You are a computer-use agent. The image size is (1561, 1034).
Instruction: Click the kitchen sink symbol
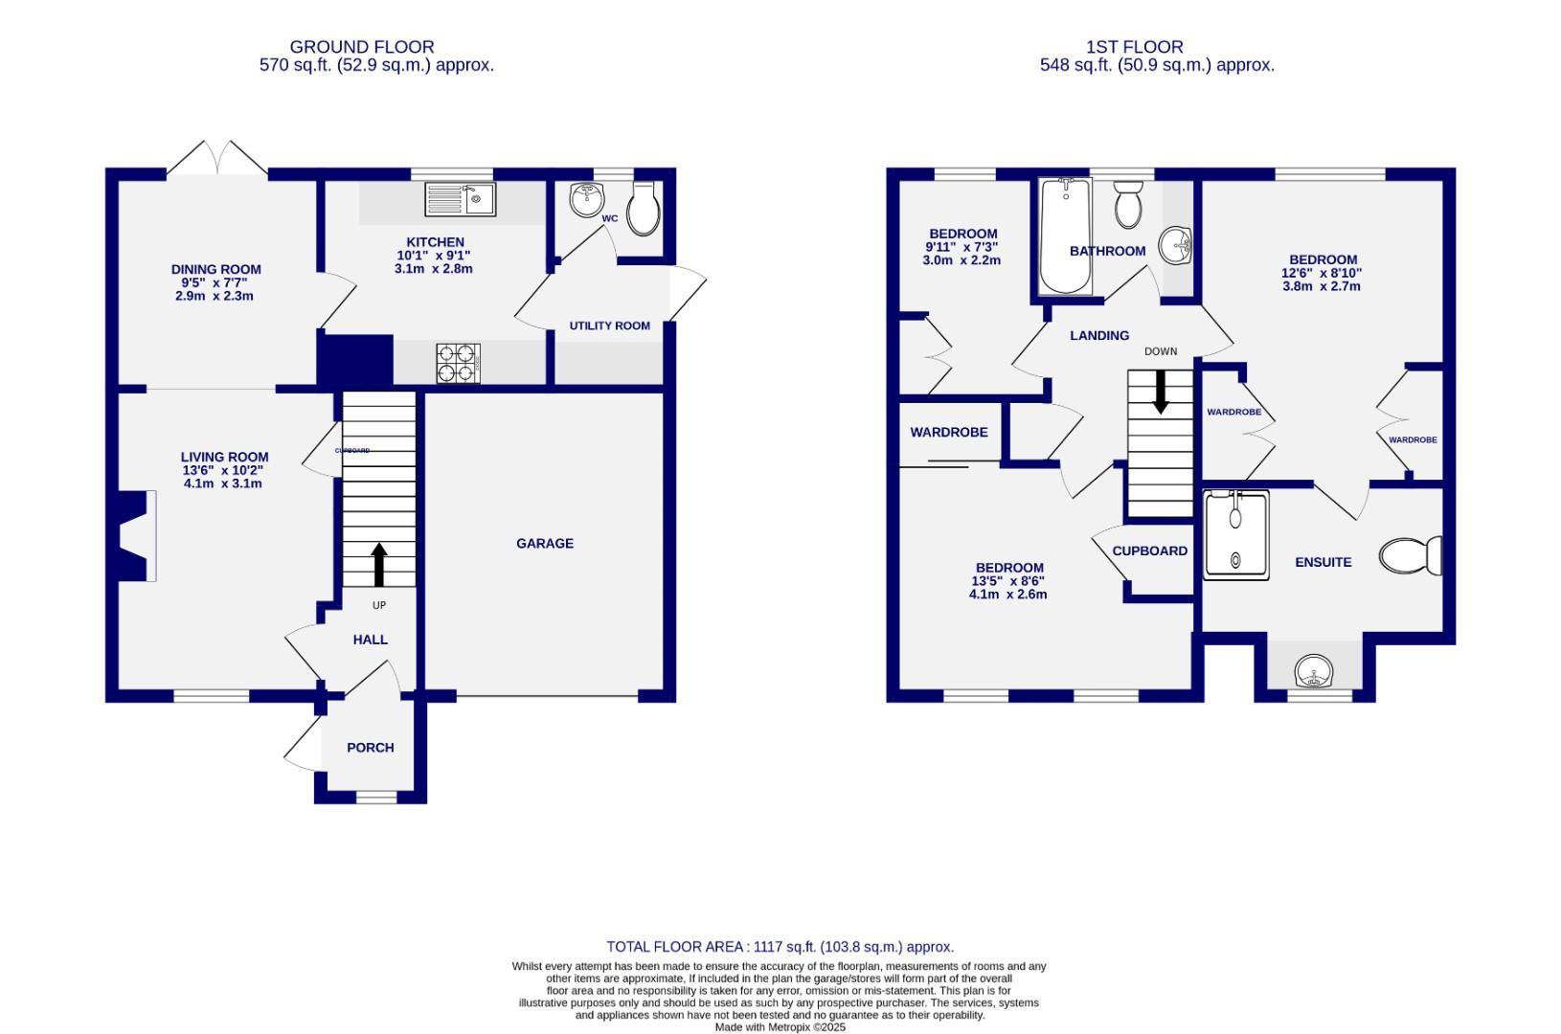pyautogui.click(x=460, y=199)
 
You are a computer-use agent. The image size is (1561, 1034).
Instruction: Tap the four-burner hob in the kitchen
pyautogui.click(x=458, y=363)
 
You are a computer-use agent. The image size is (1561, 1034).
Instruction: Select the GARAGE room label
pyautogui.click(x=545, y=543)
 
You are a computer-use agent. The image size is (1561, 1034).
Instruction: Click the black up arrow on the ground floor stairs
pyautogui.click(x=379, y=565)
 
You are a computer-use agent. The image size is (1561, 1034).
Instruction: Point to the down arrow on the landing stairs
pyautogui.click(x=1161, y=393)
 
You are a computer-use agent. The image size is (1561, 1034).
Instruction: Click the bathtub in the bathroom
pyautogui.click(x=1065, y=236)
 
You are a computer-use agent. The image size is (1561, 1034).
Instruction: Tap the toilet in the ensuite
pyautogui.click(x=1411, y=555)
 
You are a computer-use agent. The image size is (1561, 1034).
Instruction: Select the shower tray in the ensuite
pyautogui.click(x=1236, y=535)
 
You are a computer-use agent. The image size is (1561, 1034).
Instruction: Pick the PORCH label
pyautogui.click(x=370, y=748)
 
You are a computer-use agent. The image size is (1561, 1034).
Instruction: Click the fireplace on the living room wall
pyautogui.click(x=134, y=535)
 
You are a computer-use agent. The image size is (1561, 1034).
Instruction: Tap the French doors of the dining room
pyautogui.click(x=220, y=159)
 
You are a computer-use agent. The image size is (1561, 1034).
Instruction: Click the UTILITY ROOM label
pyautogui.click(x=609, y=326)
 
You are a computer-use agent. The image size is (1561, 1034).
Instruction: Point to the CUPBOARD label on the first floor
pyautogui.click(x=1149, y=551)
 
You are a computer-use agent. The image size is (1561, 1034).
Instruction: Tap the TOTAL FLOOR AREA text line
pyautogui.click(x=780, y=947)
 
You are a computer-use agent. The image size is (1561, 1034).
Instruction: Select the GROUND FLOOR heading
pyautogui.click(x=361, y=47)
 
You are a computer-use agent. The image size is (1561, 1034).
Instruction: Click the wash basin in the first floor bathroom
pyautogui.click(x=1175, y=246)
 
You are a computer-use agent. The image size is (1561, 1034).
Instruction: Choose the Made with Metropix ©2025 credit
pyautogui.click(x=780, y=1027)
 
